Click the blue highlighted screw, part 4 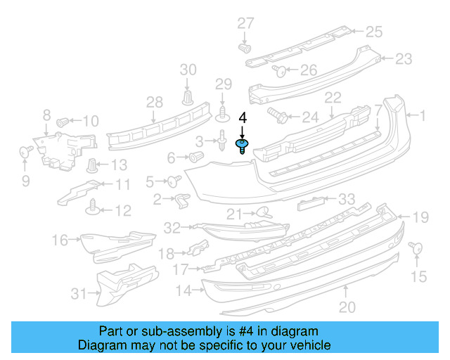pyautogui.click(x=242, y=146)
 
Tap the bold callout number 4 pyautogui.click(x=243, y=117)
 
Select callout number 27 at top pyautogui.click(x=245, y=23)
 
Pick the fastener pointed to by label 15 pyautogui.click(x=414, y=247)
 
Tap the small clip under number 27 pyautogui.click(x=245, y=49)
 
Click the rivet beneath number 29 pyautogui.click(x=224, y=112)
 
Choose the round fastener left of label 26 pyautogui.click(x=278, y=70)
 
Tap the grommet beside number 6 pyautogui.click(x=198, y=156)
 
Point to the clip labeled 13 pyautogui.click(x=92, y=166)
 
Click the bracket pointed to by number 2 pyautogui.click(x=182, y=200)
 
